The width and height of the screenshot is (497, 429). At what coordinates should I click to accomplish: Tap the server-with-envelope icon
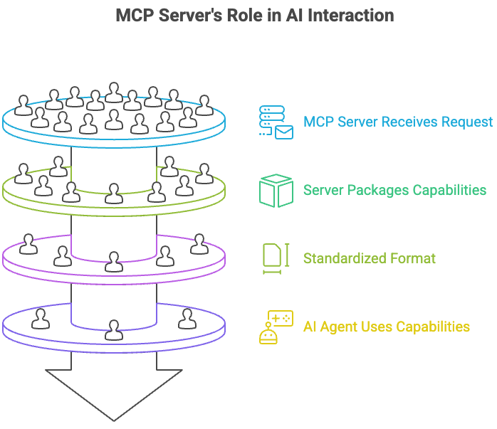(x=276, y=122)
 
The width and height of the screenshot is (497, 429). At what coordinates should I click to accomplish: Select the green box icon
(x=276, y=190)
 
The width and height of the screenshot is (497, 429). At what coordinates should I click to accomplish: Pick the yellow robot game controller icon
(x=276, y=327)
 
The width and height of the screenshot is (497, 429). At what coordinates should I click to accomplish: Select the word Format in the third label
(x=412, y=258)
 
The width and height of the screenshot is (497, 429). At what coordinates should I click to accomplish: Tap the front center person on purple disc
(x=113, y=261)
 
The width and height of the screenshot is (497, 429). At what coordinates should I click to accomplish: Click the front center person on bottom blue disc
(x=113, y=329)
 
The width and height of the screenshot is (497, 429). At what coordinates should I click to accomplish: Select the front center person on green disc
(x=113, y=193)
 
